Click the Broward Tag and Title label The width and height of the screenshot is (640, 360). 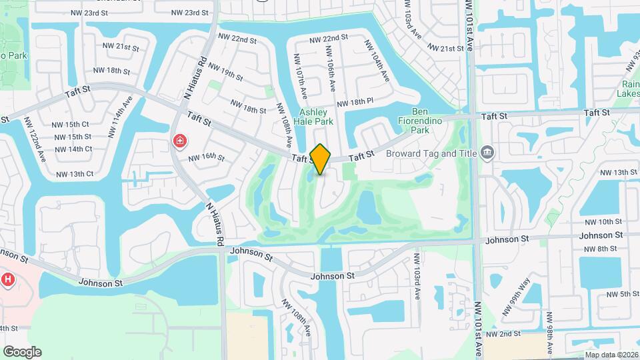pyautogui.click(x=431, y=153)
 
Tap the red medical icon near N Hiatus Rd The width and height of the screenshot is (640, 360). pyautogui.click(x=179, y=141)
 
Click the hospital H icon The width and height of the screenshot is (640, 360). pyautogui.click(x=8, y=280)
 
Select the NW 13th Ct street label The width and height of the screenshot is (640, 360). pyautogui.click(x=75, y=174)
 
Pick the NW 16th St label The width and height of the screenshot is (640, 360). pyautogui.click(x=207, y=157)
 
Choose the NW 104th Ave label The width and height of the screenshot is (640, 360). pyautogui.click(x=376, y=61)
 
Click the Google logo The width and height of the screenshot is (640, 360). pyautogui.click(x=22, y=352)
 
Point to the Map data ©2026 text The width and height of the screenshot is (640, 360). pyautogui.click(x=611, y=355)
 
